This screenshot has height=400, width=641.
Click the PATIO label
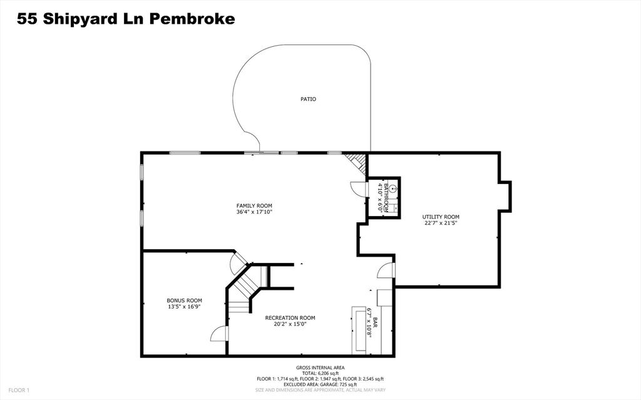pos(308,99)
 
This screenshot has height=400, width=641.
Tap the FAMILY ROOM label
pos(254,205)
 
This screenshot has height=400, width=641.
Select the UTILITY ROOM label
pos(444,217)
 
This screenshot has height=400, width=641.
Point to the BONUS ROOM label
pos(184,300)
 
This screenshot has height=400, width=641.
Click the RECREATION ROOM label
pos(290,317)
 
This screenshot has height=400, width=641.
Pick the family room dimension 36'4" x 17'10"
pos(254,212)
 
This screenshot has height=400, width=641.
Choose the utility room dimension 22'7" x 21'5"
pos(444,223)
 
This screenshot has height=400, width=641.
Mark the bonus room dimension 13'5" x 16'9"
pos(184,307)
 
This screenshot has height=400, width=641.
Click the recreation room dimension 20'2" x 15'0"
pos(290,324)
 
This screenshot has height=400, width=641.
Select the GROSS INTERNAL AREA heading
pos(320,367)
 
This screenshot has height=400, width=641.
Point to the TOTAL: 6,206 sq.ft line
pos(320,373)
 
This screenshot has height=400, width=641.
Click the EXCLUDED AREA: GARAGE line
pos(320,384)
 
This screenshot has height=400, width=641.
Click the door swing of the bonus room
pos(218,334)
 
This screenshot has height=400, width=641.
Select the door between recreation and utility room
pos(387,270)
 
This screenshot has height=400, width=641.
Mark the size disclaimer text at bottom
pos(320,390)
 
